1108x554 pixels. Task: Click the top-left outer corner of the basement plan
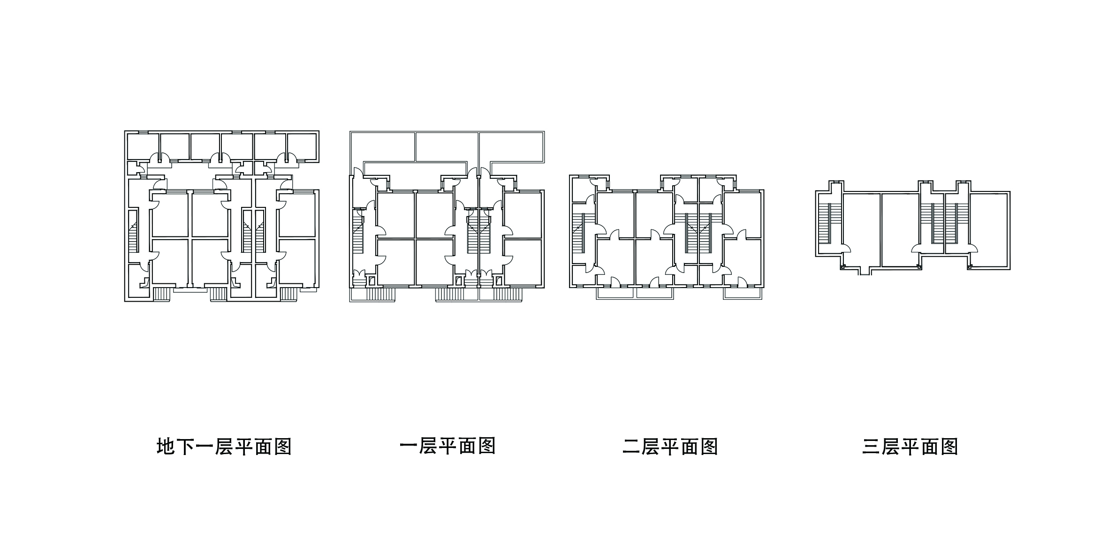[125, 131]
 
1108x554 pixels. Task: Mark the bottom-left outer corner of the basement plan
[125, 301]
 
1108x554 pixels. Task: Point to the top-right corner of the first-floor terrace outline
[544, 130]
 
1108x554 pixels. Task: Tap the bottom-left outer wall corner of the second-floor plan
[570, 287]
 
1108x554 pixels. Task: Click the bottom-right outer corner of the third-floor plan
[1009, 269]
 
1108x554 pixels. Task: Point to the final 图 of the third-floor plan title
[949, 447]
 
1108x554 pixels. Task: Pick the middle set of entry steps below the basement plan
[218, 294]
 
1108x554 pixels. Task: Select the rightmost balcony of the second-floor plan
[743, 293]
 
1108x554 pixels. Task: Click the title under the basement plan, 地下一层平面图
[224, 447]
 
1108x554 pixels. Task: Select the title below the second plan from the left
[448, 447]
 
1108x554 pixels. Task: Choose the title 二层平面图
[670, 447]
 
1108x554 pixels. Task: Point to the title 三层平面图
[910, 447]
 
